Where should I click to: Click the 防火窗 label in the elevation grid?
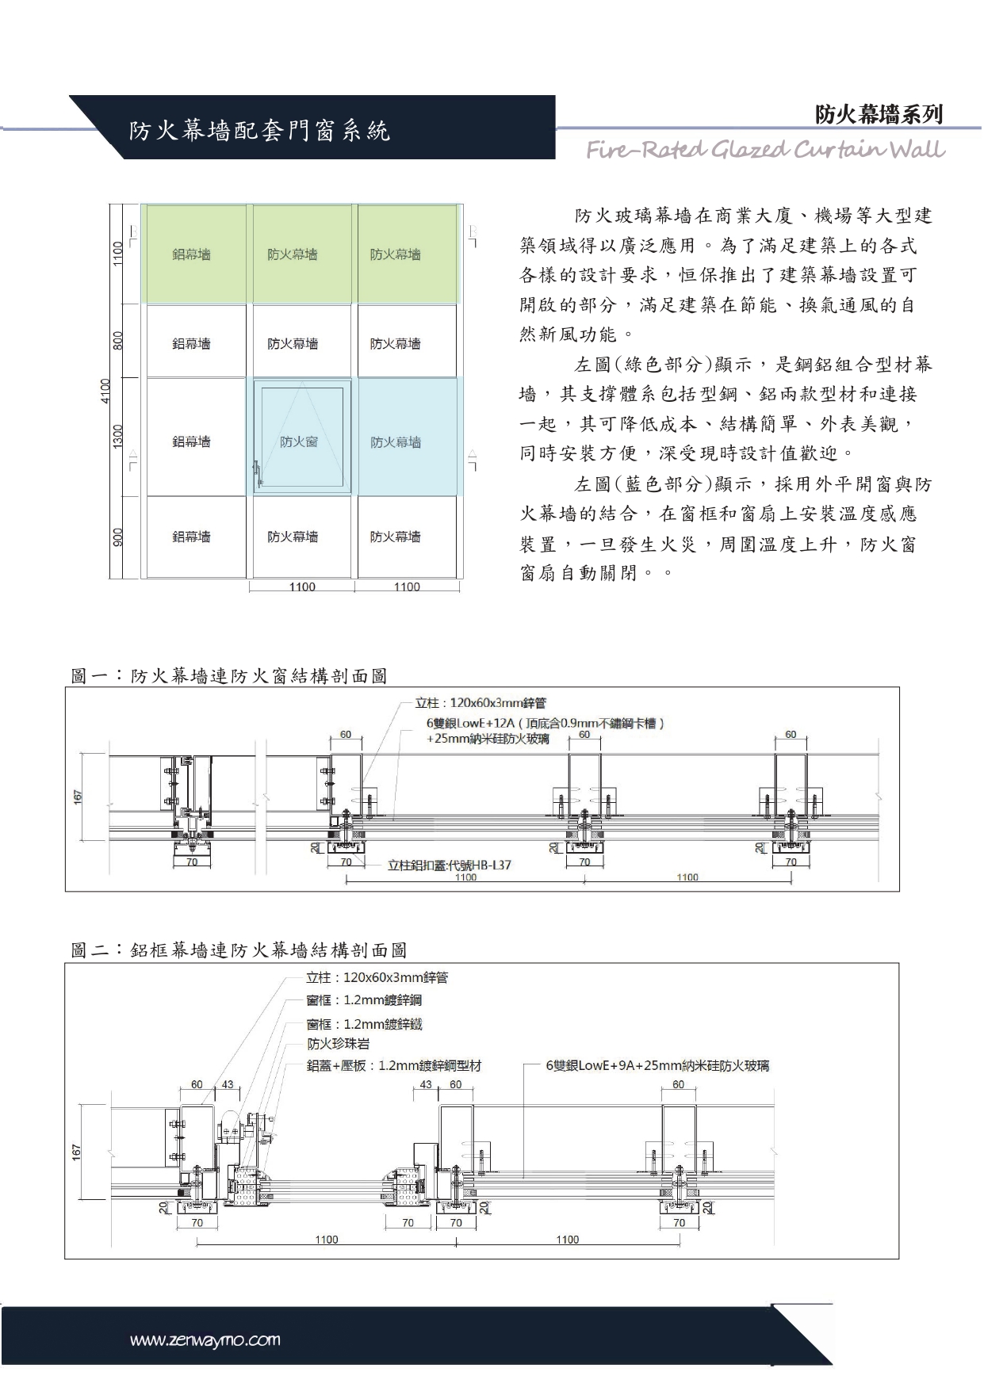(299, 441)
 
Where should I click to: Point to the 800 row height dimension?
(118, 341)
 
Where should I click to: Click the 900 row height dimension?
(118, 537)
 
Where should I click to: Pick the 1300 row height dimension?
(118, 435)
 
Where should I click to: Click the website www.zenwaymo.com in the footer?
(205, 1340)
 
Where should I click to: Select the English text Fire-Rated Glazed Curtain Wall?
(765, 150)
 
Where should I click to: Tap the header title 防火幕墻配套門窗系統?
(259, 131)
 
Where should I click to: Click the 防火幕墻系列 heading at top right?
(879, 115)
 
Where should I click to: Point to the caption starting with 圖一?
(229, 675)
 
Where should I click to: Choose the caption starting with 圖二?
(239, 950)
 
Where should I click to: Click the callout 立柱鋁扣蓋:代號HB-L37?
(449, 865)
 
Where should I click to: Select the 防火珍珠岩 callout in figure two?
(339, 1044)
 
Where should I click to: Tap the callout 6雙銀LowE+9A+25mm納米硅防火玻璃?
(657, 1066)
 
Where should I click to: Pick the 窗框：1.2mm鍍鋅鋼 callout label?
(364, 1000)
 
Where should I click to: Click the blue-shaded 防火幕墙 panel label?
(396, 441)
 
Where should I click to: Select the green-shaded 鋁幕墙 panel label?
(192, 254)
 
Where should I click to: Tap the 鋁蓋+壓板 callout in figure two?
(394, 1066)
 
